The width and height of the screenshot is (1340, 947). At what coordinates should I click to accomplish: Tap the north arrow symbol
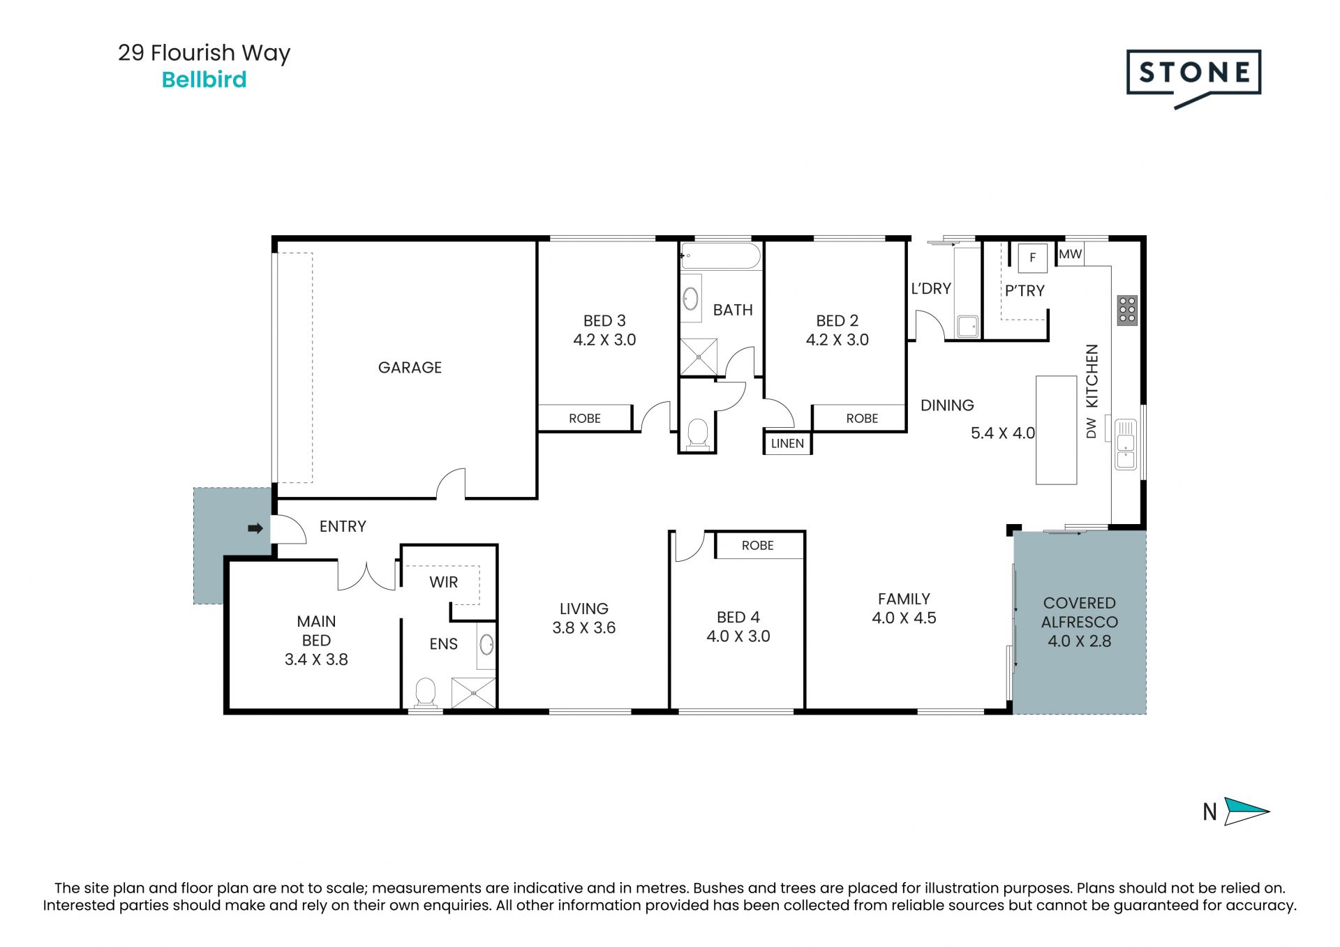coord(1246,811)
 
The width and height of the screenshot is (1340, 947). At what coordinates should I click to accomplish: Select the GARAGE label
coord(410,367)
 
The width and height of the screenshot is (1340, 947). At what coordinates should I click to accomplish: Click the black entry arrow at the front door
coord(255,528)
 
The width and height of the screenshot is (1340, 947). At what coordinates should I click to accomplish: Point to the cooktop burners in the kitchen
coord(1127,311)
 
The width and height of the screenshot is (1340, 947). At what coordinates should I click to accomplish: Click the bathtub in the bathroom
coord(721,255)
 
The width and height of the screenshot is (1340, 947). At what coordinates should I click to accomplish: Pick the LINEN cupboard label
coord(787,443)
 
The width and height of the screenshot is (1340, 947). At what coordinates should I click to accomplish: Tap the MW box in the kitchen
coord(1070,254)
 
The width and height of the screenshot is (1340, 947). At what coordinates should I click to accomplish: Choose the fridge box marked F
coord(1032,258)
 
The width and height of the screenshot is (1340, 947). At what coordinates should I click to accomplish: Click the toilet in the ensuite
coord(425,694)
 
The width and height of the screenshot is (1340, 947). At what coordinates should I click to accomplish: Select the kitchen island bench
coord(1056,430)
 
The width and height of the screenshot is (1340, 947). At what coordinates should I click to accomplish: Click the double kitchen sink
coord(1126,443)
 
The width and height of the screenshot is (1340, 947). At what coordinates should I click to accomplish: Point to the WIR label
coord(444,582)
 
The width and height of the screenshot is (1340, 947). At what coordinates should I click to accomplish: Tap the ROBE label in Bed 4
coord(757,545)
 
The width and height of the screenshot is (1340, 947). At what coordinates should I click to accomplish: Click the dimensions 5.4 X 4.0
coord(1003,433)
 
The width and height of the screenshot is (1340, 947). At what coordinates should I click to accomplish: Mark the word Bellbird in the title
coord(204,80)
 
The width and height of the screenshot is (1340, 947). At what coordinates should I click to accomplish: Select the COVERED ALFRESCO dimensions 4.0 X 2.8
coord(1079,641)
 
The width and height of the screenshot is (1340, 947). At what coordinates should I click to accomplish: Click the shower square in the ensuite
coord(473,693)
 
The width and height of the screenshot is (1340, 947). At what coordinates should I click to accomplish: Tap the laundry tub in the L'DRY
coord(967,326)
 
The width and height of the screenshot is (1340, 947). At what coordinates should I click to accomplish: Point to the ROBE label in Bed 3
coord(584,418)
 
